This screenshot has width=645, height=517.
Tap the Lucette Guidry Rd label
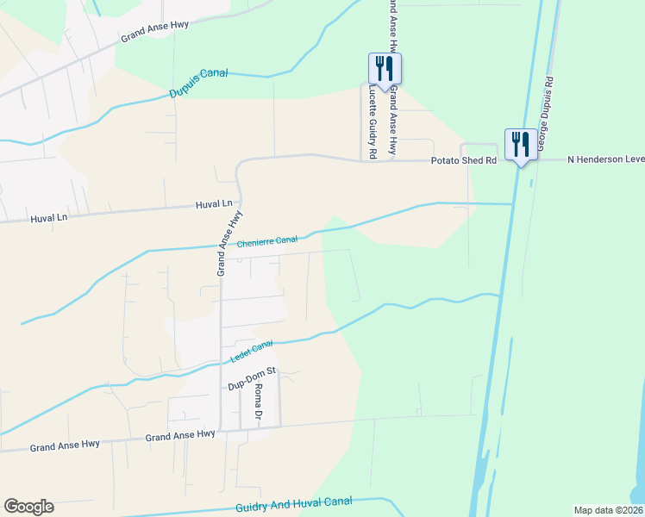[x=373, y=121]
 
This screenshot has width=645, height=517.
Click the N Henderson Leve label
[x=604, y=160]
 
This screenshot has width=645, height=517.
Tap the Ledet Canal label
[x=251, y=350]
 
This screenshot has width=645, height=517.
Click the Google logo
[x=28, y=507]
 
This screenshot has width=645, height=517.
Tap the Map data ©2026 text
[x=608, y=510]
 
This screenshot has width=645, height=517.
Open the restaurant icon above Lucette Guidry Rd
[x=385, y=67]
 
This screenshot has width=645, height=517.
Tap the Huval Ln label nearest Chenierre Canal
[x=216, y=204]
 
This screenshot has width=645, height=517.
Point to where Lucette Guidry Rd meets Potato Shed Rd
[x=360, y=159]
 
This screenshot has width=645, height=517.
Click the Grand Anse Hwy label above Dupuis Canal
[x=155, y=32]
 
